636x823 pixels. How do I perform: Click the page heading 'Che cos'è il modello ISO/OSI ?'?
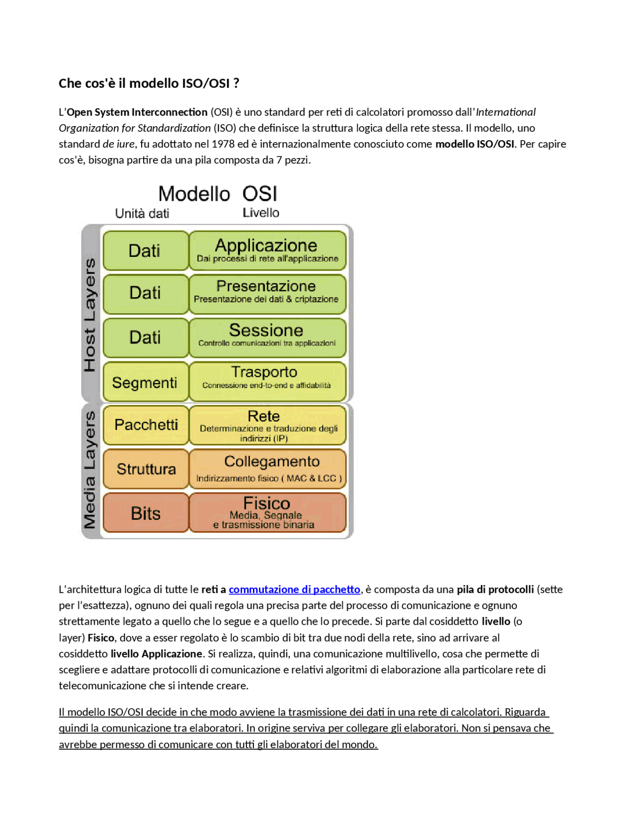coord(149,83)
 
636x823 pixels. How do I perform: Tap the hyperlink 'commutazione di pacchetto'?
coord(294,589)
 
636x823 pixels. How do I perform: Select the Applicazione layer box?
coord(267,250)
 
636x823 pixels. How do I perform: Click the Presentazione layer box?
coord(267,294)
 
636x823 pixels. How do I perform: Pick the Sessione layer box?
coord(267,337)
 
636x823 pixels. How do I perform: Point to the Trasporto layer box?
coord(267,381)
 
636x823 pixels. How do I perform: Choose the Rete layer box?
coord(267,425)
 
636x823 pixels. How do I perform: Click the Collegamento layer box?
coord(267,469)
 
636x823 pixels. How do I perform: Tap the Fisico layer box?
coord(267,512)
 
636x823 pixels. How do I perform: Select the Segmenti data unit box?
coord(146,382)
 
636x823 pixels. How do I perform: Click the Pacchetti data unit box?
coord(146,425)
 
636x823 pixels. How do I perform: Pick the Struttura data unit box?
coord(146,469)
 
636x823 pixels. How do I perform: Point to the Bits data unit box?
coord(146,513)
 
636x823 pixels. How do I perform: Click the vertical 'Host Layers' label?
coord(90,315)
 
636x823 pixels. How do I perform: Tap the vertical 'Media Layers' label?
coord(90,470)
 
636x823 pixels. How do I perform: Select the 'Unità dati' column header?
coord(142,214)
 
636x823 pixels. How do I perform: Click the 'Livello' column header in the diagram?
coord(261,213)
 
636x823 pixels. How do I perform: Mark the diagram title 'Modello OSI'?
coord(218,194)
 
